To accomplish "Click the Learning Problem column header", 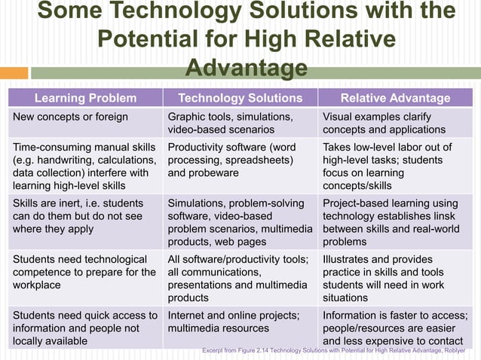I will (85, 98).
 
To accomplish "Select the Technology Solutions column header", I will (240, 98).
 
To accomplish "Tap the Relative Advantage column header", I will (395, 98).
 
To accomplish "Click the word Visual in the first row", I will (341, 117).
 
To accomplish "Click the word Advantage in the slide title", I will (246, 69).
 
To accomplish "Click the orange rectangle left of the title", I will (14, 73).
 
